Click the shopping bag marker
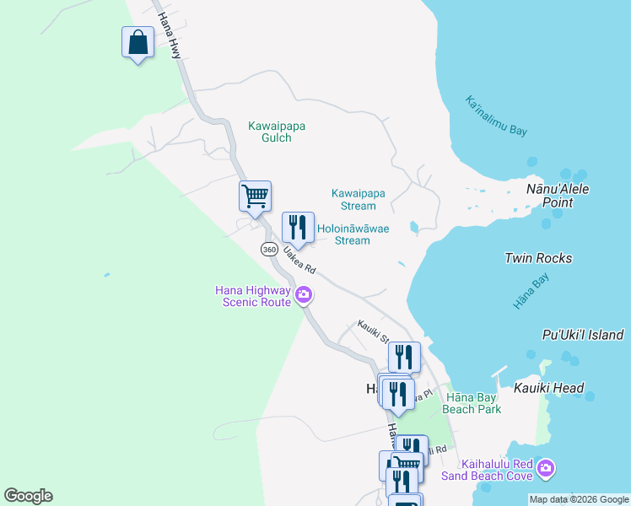point(138,42)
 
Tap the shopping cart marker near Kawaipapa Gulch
point(255,196)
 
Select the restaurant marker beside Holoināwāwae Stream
point(297,227)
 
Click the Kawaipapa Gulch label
point(277,132)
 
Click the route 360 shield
point(269,250)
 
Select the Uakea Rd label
point(300,260)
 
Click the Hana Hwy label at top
point(170,29)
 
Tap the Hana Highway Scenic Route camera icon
point(304,296)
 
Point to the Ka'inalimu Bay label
point(496,116)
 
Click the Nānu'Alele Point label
point(557,196)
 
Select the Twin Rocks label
point(538,258)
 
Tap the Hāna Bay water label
point(531,292)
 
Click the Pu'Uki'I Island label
point(583,335)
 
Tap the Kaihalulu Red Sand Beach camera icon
point(545,467)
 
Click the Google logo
point(28,496)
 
